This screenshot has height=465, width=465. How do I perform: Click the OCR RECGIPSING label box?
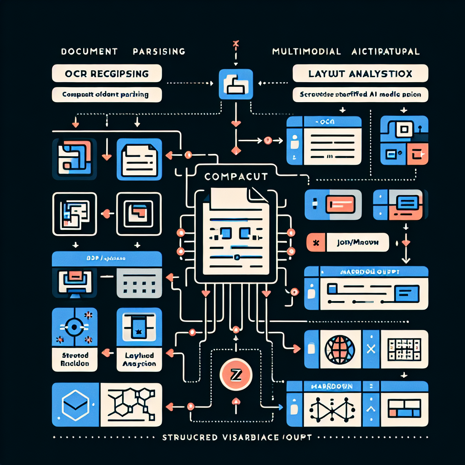[x=107, y=73]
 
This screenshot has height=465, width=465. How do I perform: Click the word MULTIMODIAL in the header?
[x=307, y=51]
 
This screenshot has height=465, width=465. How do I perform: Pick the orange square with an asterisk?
[x=317, y=242]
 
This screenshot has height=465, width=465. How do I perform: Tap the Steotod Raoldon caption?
[x=74, y=359]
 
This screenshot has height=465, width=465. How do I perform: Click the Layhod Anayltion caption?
[x=139, y=359]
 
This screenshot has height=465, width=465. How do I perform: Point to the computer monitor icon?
[x=74, y=282]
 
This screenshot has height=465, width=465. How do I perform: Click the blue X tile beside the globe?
[x=369, y=349]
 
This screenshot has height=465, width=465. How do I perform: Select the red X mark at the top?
[x=235, y=44]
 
